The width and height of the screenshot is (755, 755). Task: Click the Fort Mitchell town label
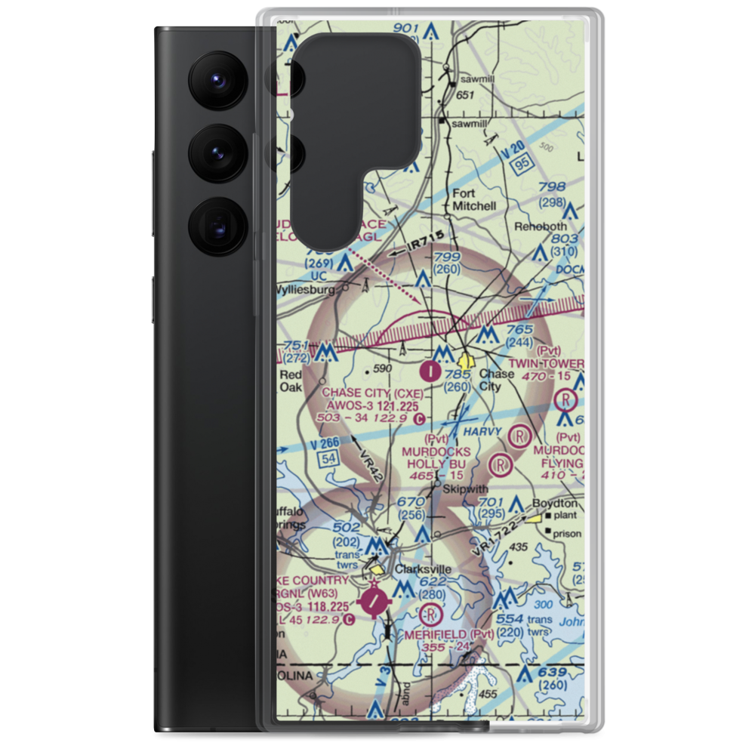pyautogui.click(x=473, y=199)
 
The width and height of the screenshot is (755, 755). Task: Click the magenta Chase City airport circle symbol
pyautogui.click(x=430, y=371)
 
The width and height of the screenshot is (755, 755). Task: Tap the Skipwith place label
pyautogui.click(x=461, y=489)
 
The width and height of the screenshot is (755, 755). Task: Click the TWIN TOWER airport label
pyautogui.click(x=546, y=363)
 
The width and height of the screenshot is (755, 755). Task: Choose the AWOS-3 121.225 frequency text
pyautogui.click(x=368, y=405)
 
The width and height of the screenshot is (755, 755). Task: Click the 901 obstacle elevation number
pyautogui.click(x=405, y=29)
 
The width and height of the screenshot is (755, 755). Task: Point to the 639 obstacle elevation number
pyautogui.click(x=552, y=673)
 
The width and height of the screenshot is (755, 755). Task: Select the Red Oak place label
pyautogui.click(x=290, y=380)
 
